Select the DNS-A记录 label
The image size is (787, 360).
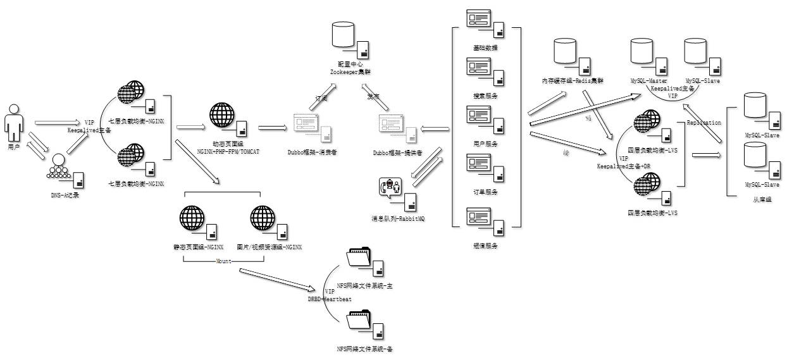pyautogui.click(x=65, y=195)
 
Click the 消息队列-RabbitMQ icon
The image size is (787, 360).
pyautogui.click(x=390, y=189)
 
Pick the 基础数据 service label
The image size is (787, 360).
pyautogui.click(x=485, y=48)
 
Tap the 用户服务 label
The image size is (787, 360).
pyautogui.click(x=485, y=144)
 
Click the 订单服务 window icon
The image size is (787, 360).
pyautogui.click(x=479, y=164)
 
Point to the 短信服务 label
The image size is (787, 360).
pyautogui.click(x=485, y=245)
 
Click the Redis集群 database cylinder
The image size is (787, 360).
pyautogui.click(x=564, y=51)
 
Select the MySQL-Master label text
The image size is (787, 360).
pyautogui.click(x=648, y=82)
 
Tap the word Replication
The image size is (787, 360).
pyautogui.click(x=703, y=123)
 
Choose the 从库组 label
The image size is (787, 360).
pyautogui.click(x=762, y=199)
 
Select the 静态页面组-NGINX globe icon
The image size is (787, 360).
pyautogui.click(x=193, y=218)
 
